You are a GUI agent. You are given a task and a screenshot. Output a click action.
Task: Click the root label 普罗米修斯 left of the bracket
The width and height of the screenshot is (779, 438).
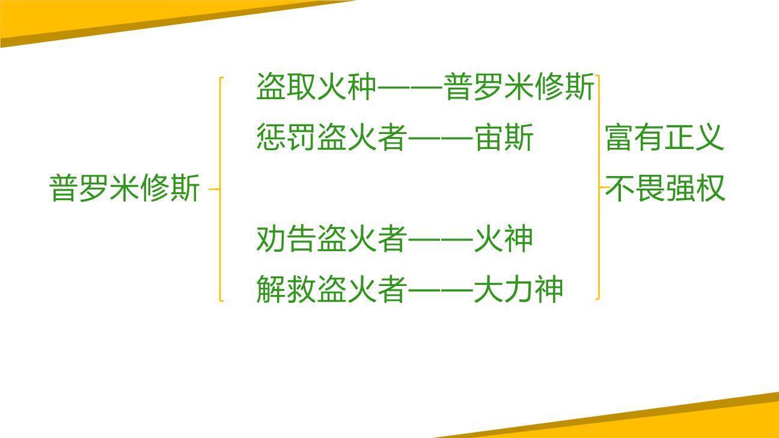[124, 188]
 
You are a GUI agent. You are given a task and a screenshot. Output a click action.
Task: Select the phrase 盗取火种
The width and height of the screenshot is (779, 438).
[316, 87]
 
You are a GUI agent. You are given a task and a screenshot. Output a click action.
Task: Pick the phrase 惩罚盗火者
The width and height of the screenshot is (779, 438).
[331, 138]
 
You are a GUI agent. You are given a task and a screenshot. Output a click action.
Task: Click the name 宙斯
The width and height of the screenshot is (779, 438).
[504, 138]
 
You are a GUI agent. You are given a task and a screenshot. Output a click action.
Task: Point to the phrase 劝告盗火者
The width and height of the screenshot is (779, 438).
[331, 239]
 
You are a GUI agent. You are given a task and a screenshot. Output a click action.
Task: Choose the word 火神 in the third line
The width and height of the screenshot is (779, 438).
[504, 239]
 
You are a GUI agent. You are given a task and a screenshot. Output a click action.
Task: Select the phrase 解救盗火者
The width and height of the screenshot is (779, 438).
[331, 289]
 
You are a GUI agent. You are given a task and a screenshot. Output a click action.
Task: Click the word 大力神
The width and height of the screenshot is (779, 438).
[519, 289]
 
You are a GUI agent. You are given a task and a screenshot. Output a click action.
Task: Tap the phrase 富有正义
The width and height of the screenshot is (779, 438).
[665, 138]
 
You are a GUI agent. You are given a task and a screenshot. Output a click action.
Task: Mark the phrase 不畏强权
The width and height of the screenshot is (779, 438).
[665, 188]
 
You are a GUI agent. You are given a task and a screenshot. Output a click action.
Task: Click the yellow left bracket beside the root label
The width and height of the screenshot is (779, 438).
[221, 188]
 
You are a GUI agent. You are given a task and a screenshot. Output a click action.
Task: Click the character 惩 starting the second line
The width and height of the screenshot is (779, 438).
[271, 138]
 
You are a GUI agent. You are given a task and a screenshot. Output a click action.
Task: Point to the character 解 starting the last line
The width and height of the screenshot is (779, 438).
[271, 289]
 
